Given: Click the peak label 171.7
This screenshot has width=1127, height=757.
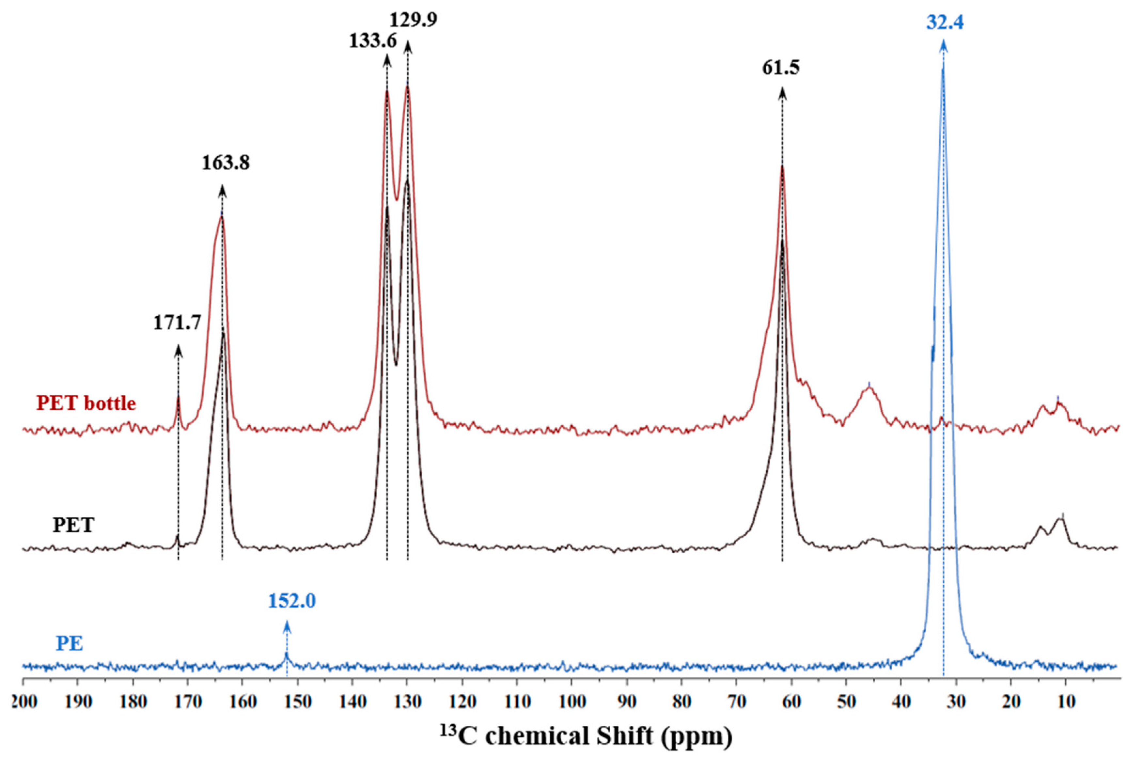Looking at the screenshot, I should tap(177, 323).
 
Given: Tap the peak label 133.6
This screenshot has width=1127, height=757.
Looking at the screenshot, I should tap(373, 41).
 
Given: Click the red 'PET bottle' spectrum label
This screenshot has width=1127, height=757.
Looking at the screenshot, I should tap(86, 402).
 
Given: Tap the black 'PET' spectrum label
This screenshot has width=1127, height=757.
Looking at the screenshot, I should tap(73, 525).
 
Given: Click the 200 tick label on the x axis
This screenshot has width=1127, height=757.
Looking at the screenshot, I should tap(24, 702).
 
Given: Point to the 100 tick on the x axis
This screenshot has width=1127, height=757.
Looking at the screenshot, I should tap(571, 702).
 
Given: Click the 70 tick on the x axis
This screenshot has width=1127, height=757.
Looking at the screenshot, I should tap(737, 702).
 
